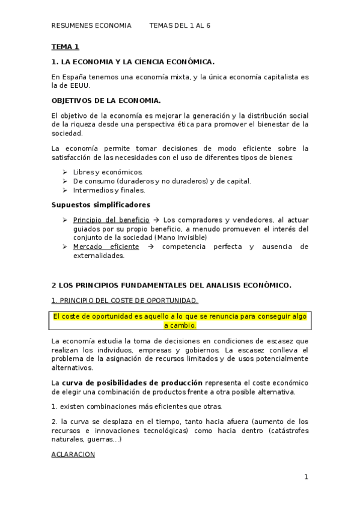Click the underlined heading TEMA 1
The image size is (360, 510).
pos(65,46)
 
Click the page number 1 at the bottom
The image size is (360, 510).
pos(305,477)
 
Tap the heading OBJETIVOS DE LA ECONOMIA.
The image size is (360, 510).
pos(106,100)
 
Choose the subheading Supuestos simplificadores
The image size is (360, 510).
pos(100,204)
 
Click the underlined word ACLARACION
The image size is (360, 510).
pos(73,454)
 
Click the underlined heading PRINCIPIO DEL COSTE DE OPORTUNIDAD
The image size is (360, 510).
pos(124,300)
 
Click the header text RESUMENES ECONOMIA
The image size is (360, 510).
pos(91,26)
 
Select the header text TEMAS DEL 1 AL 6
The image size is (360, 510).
pos(180,26)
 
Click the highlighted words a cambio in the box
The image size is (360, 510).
pos(180,325)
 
